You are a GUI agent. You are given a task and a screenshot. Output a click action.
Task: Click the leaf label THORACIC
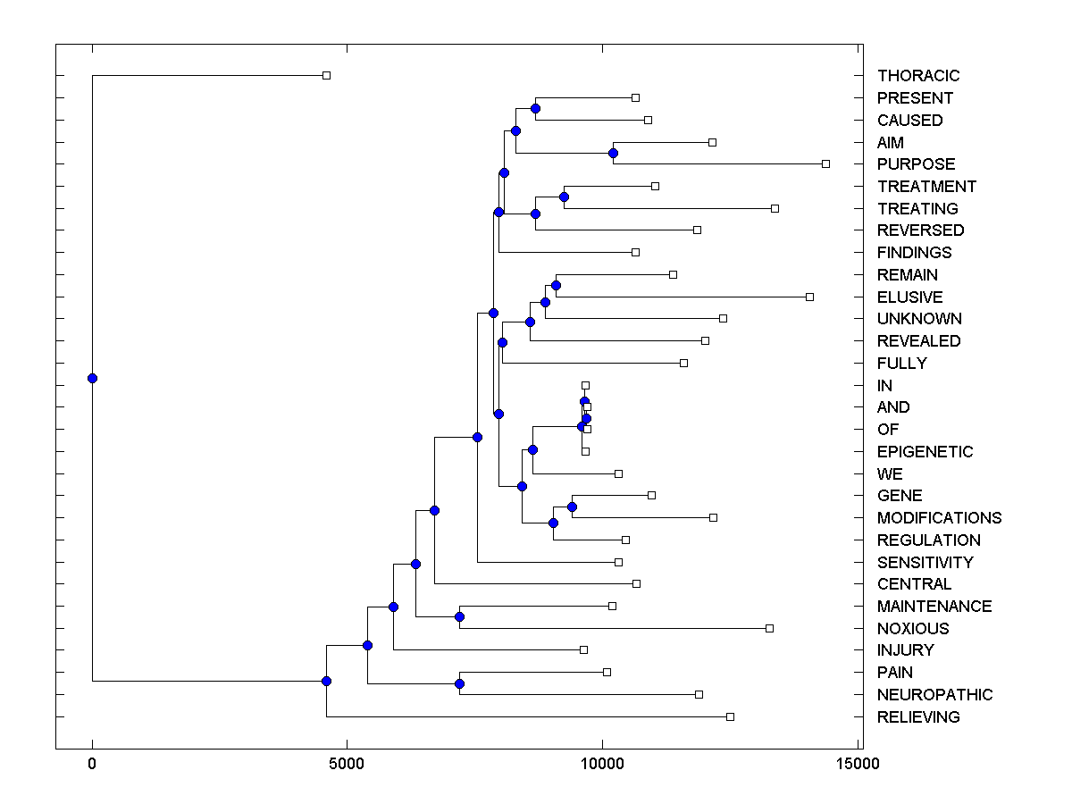pos(917,76)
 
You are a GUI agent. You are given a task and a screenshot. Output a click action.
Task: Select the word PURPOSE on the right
pos(916,164)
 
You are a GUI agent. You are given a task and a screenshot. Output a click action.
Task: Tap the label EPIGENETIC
pos(925,452)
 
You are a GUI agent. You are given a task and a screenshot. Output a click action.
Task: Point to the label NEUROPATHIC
pos(934,695)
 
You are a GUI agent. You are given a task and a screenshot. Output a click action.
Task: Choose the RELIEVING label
pos(918,717)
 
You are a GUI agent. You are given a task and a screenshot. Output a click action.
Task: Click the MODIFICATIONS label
pos(939,518)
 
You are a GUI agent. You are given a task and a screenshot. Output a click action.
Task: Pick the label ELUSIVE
pos(909,297)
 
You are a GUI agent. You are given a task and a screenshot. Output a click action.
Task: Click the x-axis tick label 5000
pos(347,764)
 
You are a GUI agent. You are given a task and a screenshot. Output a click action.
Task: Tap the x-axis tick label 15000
pos(857,764)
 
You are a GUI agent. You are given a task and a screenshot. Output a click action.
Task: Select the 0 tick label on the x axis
pos(92,764)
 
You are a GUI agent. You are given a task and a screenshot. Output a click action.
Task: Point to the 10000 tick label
pos(602,764)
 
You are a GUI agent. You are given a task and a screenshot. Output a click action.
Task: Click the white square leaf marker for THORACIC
pos(326,76)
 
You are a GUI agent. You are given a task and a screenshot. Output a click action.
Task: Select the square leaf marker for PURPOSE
pos(825,164)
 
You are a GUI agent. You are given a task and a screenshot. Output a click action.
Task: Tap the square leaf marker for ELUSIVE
pos(809,297)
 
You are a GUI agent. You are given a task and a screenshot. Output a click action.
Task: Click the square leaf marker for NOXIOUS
pos(769,628)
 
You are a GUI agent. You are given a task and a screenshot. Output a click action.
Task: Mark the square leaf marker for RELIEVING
pos(730,716)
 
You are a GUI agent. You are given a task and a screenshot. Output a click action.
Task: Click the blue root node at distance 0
pos(92,378)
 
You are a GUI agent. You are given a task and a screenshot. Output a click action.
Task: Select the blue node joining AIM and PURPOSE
pos(613,153)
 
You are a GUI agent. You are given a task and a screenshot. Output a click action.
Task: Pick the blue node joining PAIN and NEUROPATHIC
pos(459,683)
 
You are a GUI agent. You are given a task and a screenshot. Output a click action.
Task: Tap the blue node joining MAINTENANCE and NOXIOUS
pos(459,616)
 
